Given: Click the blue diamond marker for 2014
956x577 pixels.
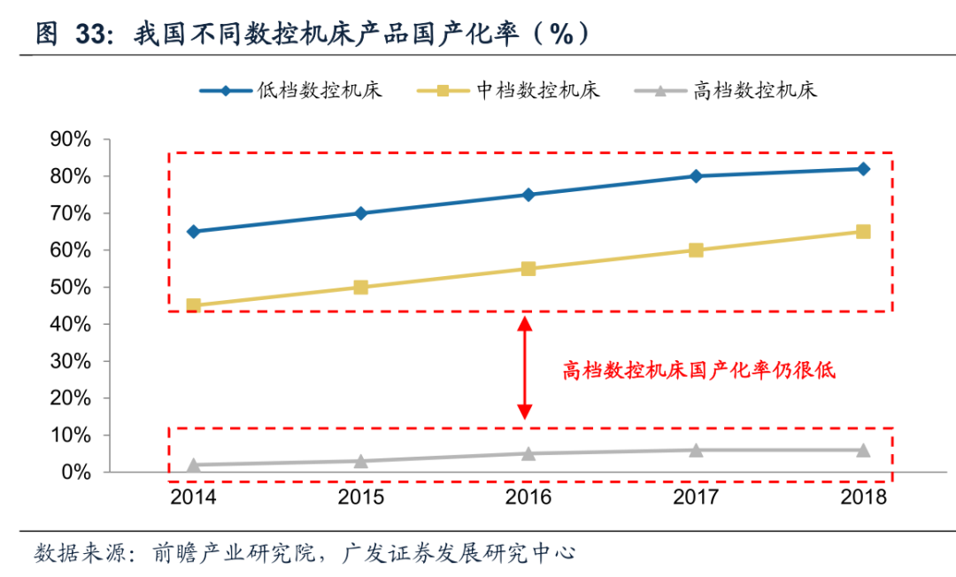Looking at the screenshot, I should pyautogui.click(x=194, y=232).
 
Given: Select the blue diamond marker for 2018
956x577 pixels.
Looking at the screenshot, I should pyautogui.click(x=863, y=169).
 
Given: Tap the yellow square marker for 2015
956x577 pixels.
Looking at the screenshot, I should pyautogui.click(x=361, y=287).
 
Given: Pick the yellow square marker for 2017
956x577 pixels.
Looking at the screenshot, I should pyautogui.click(x=696, y=250).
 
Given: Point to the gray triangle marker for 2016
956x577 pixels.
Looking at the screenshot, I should pyautogui.click(x=528, y=453).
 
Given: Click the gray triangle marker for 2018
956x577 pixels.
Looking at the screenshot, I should pyautogui.click(x=863, y=450).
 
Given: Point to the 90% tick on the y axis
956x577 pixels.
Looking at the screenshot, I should pyautogui.click(x=71, y=140).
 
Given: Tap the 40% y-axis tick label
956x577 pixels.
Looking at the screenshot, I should pyautogui.click(x=71, y=325).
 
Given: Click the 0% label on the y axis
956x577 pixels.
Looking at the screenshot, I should pyautogui.click(x=75, y=473).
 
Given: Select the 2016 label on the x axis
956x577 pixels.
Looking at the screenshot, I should pyautogui.click(x=528, y=497).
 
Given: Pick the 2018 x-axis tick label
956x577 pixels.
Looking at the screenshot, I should pyautogui.click(x=863, y=497).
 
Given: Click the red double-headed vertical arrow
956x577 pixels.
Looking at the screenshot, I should pyautogui.click(x=525, y=368).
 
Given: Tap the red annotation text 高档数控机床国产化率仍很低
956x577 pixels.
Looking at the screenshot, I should pyautogui.click(x=699, y=371).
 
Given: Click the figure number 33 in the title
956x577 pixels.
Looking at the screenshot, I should pyautogui.click(x=93, y=35).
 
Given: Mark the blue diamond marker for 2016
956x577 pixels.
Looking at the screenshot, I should pyautogui.click(x=528, y=195).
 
